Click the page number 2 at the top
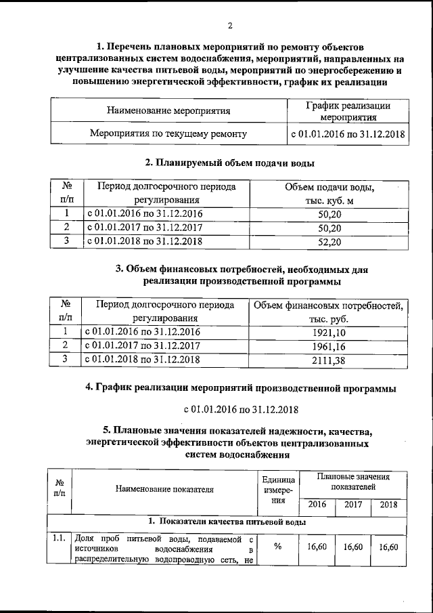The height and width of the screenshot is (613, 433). [x=230, y=26]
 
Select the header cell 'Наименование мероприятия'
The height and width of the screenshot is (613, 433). [x=168, y=110]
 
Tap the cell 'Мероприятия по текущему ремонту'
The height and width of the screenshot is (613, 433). [x=168, y=134]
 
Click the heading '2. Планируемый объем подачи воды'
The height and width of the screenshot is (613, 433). [x=230, y=163]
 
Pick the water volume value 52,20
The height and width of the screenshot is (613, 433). [x=329, y=241]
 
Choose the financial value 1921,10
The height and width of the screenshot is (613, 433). [x=329, y=332]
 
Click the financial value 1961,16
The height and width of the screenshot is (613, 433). [x=329, y=346]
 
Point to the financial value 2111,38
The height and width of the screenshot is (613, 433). [x=329, y=360]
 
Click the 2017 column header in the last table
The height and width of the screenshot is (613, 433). [x=352, y=505]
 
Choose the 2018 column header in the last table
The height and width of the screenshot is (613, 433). [x=388, y=505]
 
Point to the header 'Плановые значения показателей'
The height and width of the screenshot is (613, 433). [x=352, y=482]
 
